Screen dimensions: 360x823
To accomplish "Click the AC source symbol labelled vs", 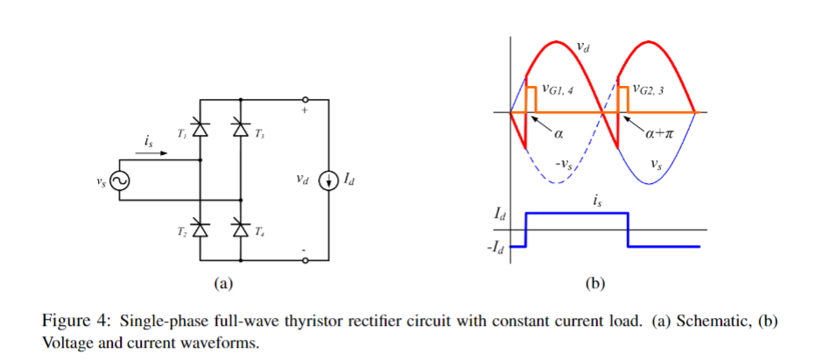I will coord(118,181).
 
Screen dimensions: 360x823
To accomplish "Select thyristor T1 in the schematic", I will coord(200,131).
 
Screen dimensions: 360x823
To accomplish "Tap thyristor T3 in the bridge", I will coord(241,131).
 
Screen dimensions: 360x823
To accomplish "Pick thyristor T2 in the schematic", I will coord(200,229).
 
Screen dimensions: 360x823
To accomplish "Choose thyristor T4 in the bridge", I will coord(241,229).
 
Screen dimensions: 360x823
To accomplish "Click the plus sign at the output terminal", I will coord(305,111).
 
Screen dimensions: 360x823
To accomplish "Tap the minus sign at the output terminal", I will coord(305,251).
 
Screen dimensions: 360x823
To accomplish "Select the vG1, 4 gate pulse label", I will coord(557,88).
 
